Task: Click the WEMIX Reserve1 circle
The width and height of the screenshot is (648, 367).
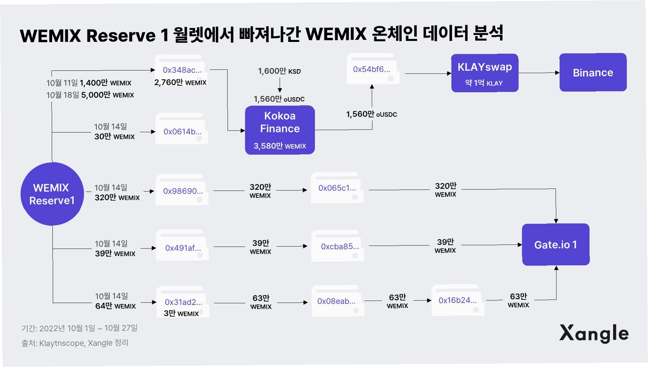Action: pyautogui.click(x=52, y=194)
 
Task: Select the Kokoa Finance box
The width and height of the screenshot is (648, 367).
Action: pyautogui.click(x=280, y=130)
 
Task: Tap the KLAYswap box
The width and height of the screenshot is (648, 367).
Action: pyautogui.click(x=485, y=73)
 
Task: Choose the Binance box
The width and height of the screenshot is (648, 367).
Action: pyautogui.click(x=593, y=73)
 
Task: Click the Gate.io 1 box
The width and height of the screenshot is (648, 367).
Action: pyautogui.click(x=556, y=244)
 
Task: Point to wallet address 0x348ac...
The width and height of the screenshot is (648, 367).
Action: pyautogui.click(x=182, y=70)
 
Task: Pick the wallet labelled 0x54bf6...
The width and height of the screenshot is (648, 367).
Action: pyautogui.click(x=372, y=69)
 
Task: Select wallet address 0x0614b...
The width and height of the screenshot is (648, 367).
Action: pyautogui.click(x=182, y=132)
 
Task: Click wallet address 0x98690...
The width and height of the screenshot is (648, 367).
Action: pyautogui.click(x=183, y=191)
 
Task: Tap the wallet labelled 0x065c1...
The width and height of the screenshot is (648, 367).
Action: pyautogui.click(x=337, y=188)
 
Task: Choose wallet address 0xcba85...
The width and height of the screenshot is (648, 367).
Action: pyautogui.click(x=340, y=246)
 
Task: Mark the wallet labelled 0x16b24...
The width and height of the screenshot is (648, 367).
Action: pyautogui.click(x=457, y=300)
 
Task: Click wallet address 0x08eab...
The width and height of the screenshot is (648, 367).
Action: pyautogui.click(x=336, y=301)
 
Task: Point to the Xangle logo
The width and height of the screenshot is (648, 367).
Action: pyautogui.click(x=594, y=333)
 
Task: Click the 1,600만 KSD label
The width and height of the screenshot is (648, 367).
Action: pyautogui.click(x=279, y=71)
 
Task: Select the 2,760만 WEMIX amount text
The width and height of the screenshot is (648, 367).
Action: pyautogui.click(x=180, y=83)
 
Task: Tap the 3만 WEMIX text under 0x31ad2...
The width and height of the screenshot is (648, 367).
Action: pyautogui.click(x=181, y=314)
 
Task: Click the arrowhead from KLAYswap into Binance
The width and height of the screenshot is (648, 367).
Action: pyautogui.click(x=557, y=73)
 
